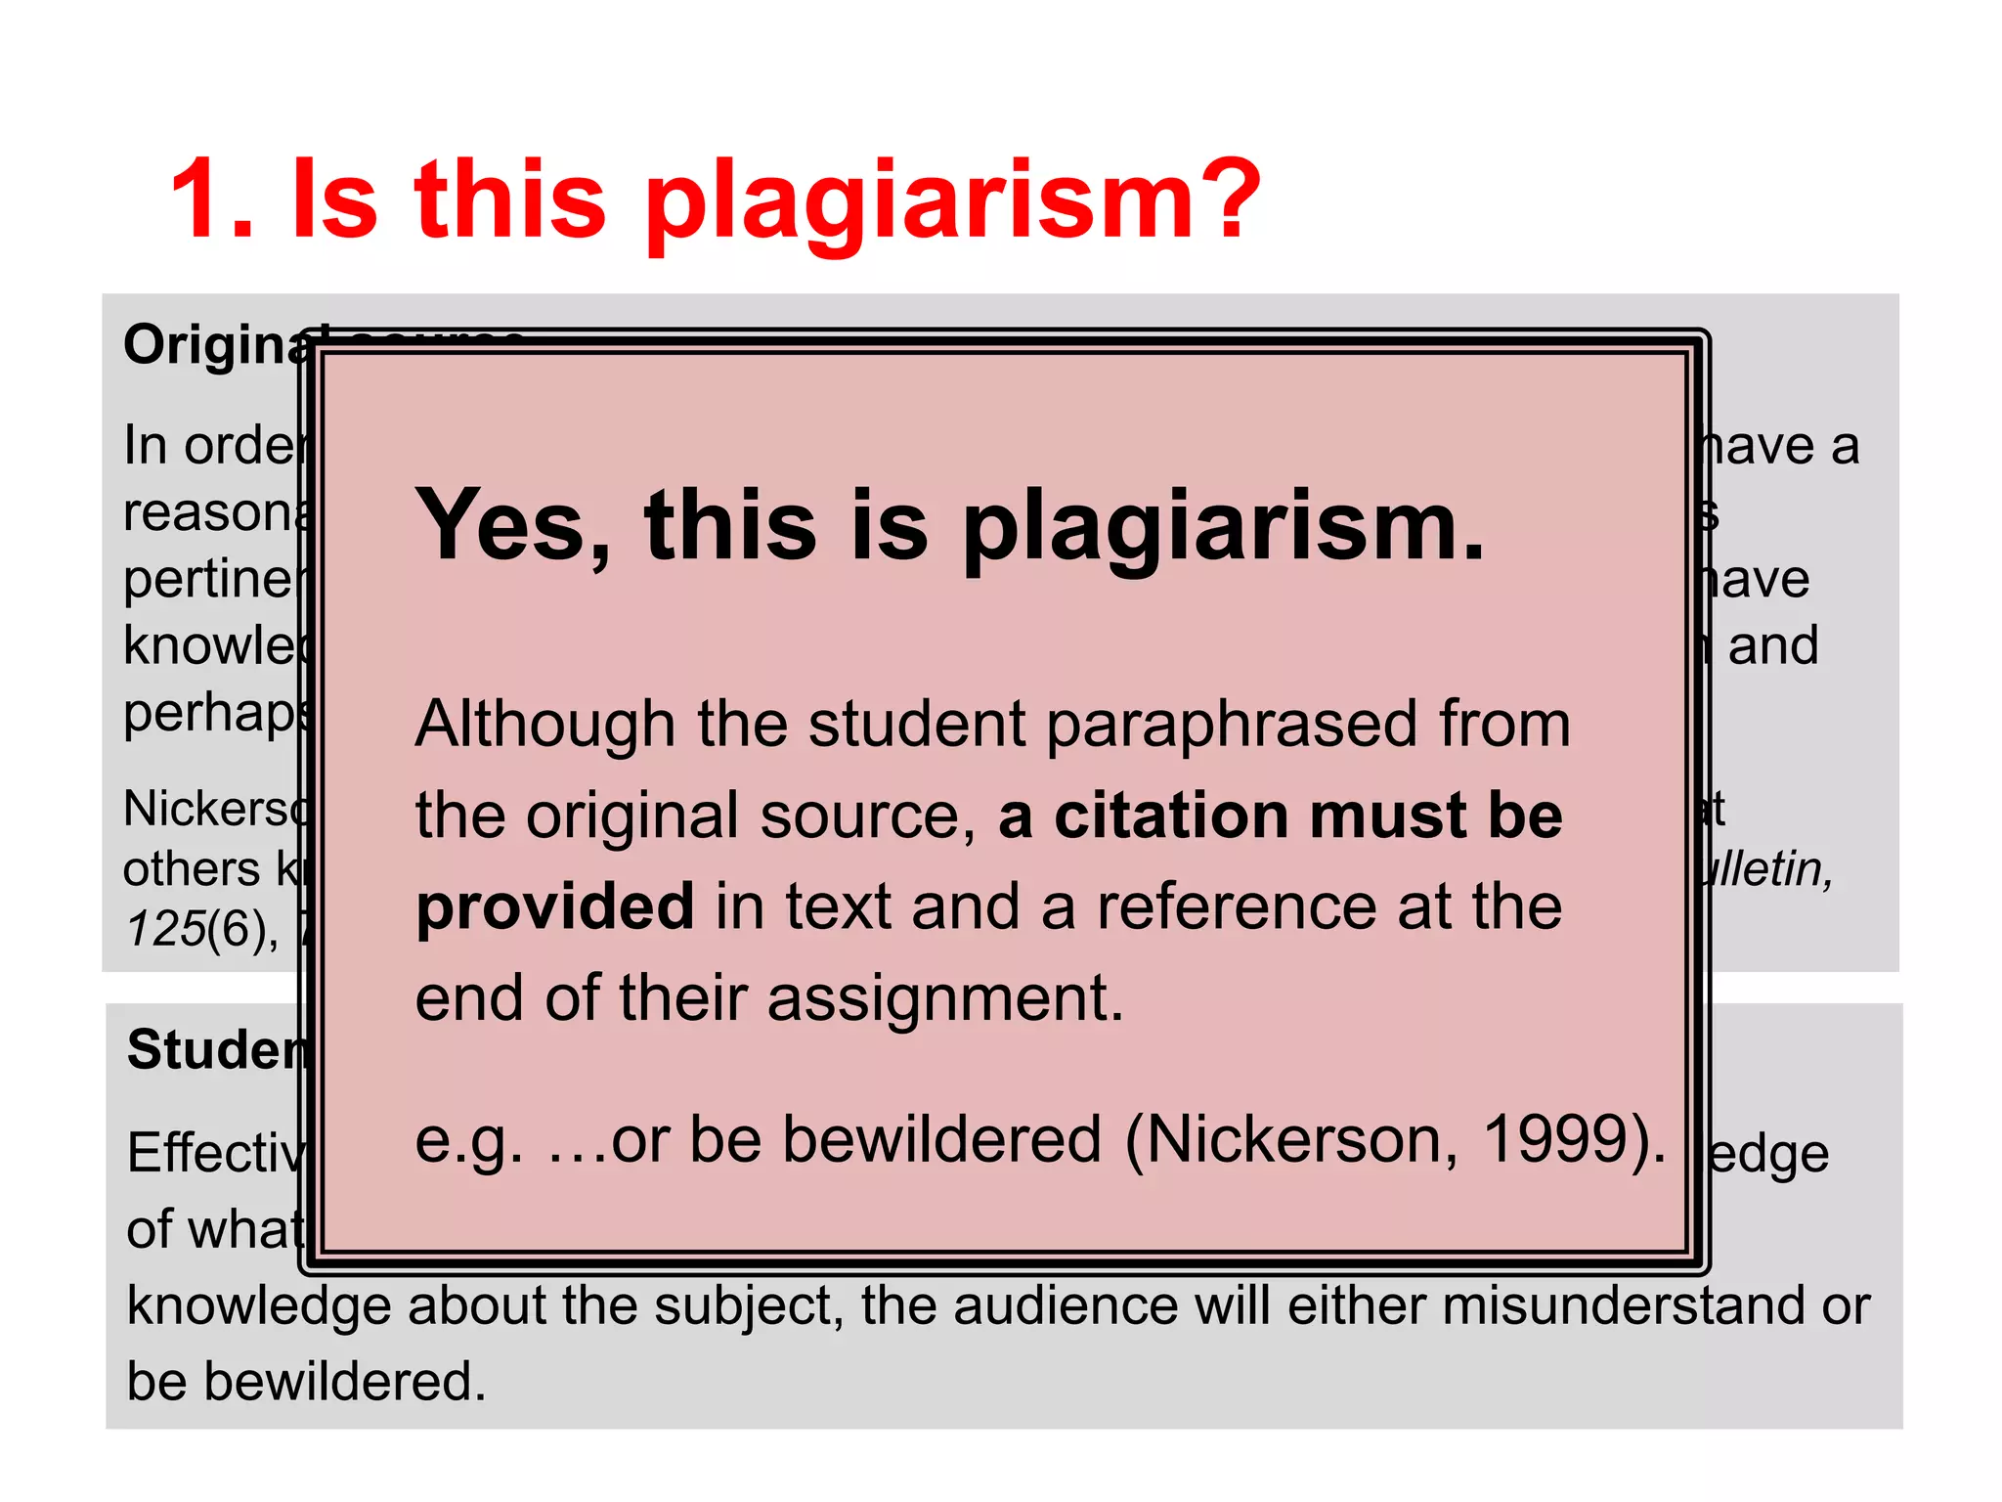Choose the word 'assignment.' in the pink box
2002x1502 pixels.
click(x=945, y=999)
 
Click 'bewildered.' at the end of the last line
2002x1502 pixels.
click(x=344, y=1381)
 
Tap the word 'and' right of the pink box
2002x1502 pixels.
click(x=1772, y=645)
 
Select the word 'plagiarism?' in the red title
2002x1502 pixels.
click(x=953, y=203)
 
